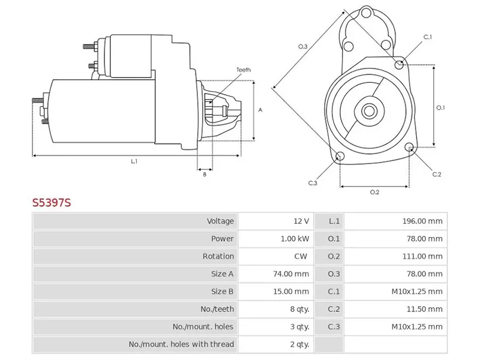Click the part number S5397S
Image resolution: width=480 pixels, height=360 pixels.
pyautogui.click(x=52, y=202)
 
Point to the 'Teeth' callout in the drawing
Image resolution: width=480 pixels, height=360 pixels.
pyautogui.click(x=243, y=70)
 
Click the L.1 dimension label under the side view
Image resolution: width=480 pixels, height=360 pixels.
pyautogui.click(x=134, y=161)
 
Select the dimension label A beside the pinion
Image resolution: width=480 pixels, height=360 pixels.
pyautogui.click(x=260, y=110)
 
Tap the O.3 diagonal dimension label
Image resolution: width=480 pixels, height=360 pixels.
pyautogui.click(x=302, y=46)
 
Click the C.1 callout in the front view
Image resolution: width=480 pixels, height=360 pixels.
pyautogui.click(x=428, y=37)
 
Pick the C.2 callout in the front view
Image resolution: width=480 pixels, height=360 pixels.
pyautogui.click(x=437, y=175)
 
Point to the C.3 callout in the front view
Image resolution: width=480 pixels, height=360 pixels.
pyautogui.click(x=313, y=183)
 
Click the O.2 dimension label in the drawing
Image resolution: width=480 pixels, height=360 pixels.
pyautogui.click(x=374, y=192)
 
